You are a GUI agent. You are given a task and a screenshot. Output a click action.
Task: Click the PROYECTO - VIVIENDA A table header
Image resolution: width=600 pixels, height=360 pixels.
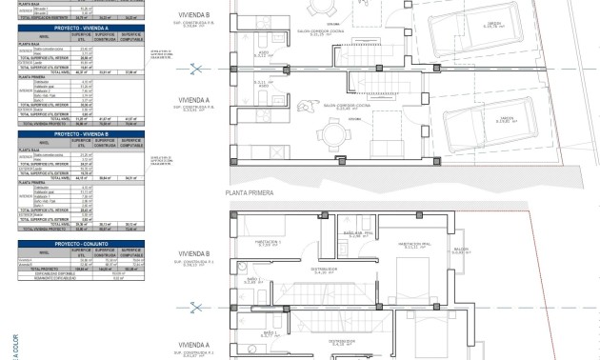80,29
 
